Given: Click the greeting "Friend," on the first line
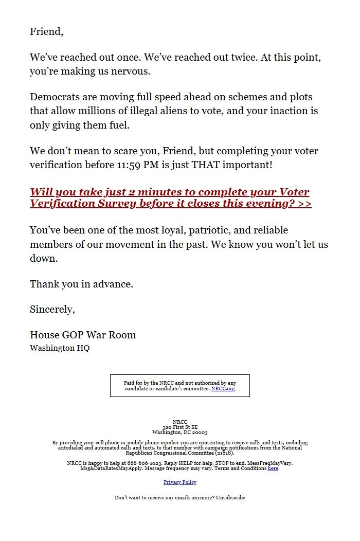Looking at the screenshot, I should (x=46, y=32).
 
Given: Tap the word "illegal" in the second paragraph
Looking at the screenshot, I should (x=208, y=111).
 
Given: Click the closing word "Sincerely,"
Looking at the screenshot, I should (x=52, y=310).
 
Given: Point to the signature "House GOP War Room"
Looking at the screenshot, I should (x=83, y=335).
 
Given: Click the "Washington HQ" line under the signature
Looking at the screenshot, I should (x=60, y=348).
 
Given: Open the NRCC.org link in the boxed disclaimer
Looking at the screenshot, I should (x=223, y=389).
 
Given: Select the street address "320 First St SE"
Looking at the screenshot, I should (x=180, y=427).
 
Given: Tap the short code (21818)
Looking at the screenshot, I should (x=225, y=453).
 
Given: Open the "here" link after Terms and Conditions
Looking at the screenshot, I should (x=273, y=468).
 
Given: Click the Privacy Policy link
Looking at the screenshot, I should (x=180, y=482).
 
